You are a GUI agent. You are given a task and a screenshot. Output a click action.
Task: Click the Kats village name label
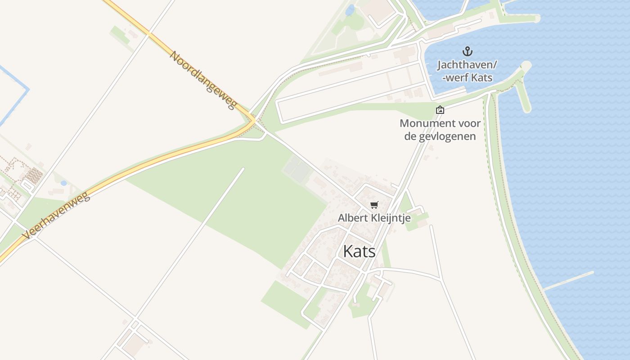point(359,251)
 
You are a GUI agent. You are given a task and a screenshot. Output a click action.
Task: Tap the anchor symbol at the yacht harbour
point(468,51)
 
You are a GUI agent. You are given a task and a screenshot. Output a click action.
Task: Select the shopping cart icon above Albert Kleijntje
point(374,205)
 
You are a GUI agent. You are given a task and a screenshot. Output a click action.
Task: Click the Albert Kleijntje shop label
point(374,218)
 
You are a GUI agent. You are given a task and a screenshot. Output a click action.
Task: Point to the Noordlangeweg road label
point(203,80)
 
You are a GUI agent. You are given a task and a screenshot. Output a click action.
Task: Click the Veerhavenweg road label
point(57,216)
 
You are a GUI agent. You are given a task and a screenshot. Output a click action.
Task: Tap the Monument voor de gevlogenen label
point(440,130)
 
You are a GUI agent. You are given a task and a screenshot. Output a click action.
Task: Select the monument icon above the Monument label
point(440,110)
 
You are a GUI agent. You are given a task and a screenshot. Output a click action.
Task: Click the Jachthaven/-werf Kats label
point(468,71)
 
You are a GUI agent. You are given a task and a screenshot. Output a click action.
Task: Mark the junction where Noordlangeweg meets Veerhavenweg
point(253,121)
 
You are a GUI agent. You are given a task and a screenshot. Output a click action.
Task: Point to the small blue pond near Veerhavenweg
point(63,183)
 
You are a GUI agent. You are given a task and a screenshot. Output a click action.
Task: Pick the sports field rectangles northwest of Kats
point(297,169)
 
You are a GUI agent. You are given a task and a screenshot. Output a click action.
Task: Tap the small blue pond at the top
point(350,10)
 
